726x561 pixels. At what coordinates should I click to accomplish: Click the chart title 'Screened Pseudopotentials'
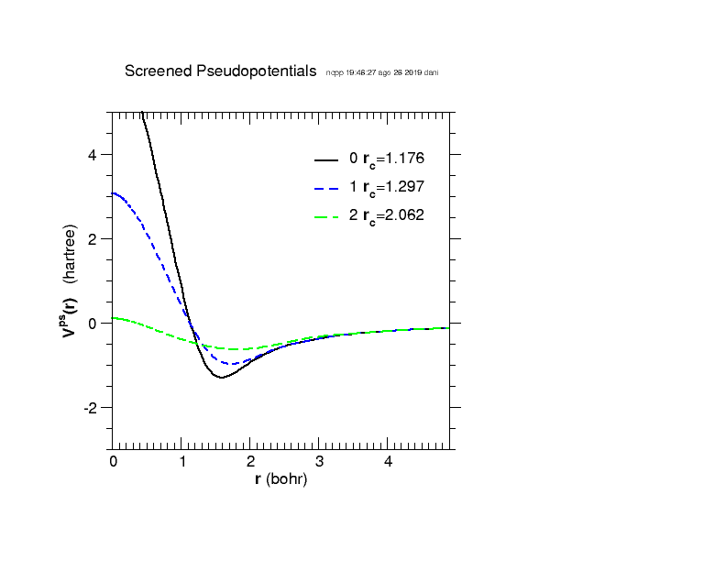[221, 71]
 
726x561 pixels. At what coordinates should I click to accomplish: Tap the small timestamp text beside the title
[381, 72]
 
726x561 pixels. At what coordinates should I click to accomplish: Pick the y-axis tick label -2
[90, 407]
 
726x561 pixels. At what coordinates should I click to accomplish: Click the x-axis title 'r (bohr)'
[280, 479]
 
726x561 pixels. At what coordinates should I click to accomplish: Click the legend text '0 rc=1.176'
[386, 159]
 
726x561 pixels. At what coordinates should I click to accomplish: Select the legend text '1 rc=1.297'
[386, 187]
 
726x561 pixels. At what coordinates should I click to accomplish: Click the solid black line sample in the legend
[326, 159]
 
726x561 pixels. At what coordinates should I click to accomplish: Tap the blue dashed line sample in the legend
[326, 187]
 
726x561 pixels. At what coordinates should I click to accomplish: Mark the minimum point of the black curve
[221, 377]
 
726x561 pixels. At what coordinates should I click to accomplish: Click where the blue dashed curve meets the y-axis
[113, 193]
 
